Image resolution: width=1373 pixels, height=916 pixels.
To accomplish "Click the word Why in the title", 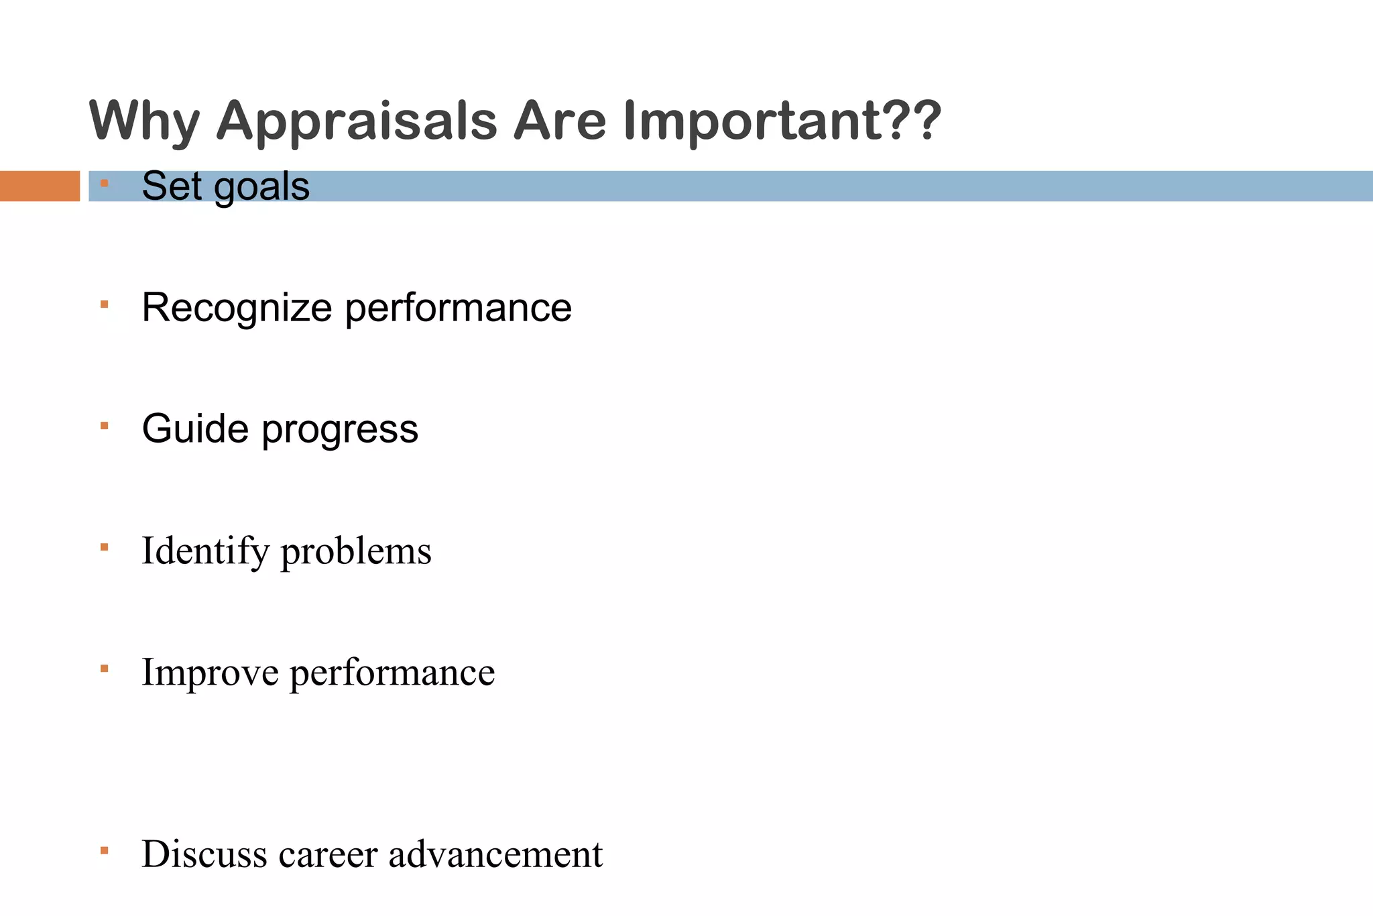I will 144,122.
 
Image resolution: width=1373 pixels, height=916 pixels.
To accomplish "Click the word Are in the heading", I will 560,121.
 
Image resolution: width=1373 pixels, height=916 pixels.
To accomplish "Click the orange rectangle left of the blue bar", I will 40,186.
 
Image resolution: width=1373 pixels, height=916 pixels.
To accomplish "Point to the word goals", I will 261,187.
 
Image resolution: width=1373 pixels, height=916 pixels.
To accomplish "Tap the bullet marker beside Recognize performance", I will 104,304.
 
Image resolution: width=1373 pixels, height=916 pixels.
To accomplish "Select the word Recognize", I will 237,308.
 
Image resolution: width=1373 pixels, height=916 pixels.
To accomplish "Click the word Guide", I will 195,428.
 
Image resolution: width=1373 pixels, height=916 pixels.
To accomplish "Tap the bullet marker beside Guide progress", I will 104,426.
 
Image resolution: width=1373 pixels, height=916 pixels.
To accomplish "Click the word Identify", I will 205,552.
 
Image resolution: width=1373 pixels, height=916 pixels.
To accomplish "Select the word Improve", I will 210,673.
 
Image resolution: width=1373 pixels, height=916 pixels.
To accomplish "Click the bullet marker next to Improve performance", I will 104,669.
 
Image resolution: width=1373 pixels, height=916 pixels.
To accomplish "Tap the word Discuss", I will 204,854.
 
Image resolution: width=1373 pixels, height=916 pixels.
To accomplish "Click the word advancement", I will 495,854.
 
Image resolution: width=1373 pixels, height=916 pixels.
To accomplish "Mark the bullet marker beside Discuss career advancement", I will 104,851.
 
